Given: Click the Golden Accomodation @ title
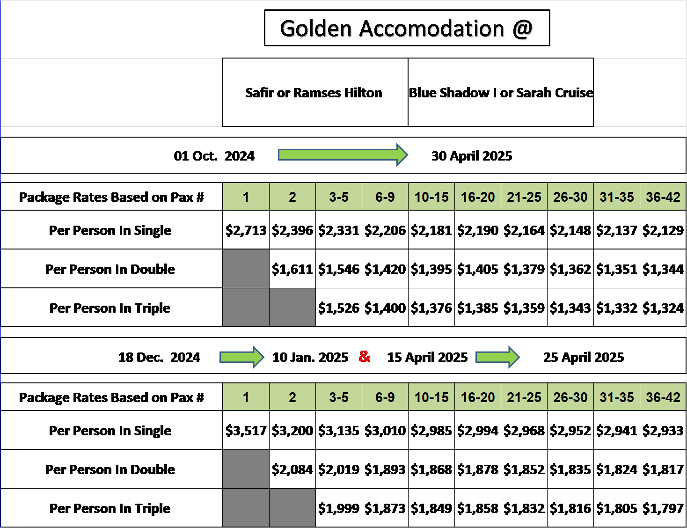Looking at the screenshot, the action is (x=407, y=28).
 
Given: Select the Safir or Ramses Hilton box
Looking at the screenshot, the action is (x=315, y=92).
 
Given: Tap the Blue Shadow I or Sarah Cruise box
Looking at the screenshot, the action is (x=501, y=92).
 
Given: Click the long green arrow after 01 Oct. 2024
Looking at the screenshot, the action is (x=343, y=155).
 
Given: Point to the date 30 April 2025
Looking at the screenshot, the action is (x=472, y=156).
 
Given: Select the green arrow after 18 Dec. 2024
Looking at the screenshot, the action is (x=242, y=357).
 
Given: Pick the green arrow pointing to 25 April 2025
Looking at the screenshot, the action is (x=497, y=357).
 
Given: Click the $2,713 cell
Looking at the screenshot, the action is (x=246, y=230).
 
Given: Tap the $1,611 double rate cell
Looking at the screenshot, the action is (x=292, y=269).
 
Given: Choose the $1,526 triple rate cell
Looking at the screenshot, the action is (x=339, y=308).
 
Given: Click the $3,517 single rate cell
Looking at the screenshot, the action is (x=246, y=430).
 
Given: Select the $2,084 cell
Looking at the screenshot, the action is (x=292, y=469).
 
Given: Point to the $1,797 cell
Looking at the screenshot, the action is (x=663, y=508).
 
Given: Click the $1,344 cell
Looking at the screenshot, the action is (x=663, y=269).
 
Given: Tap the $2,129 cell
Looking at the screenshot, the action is (x=663, y=230).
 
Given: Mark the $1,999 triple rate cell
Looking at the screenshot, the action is (x=339, y=508).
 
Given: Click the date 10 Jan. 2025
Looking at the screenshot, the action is (x=310, y=357).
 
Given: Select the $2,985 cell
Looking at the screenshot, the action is (x=431, y=430).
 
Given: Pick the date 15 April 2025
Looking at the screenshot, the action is (x=427, y=357).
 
